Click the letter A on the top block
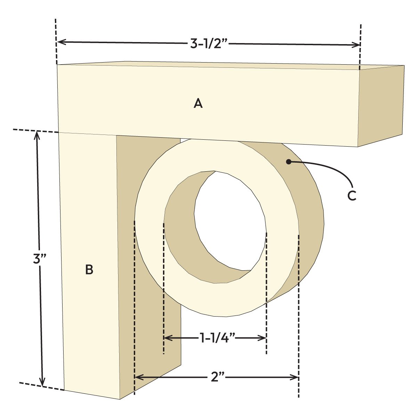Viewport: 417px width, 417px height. click(x=198, y=103)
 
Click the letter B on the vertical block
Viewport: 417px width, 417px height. click(x=89, y=270)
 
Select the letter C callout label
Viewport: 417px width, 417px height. click(x=352, y=196)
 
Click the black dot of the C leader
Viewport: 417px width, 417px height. click(x=288, y=162)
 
